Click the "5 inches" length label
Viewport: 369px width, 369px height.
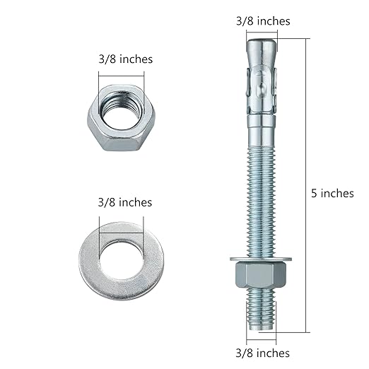click(x=332, y=193)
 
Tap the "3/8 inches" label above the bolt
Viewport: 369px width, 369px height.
click(x=262, y=21)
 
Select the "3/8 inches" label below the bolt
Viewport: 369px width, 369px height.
click(x=262, y=353)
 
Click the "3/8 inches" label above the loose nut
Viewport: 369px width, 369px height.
click(x=125, y=59)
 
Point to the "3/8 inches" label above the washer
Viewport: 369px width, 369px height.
click(x=125, y=202)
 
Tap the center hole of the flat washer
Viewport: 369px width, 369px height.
click(x=121, y=259)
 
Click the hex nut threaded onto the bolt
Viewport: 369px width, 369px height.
click(x=261, y=274)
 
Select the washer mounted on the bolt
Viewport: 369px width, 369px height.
click(x=261, y=257)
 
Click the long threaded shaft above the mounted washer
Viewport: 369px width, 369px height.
click(x=261, y=191)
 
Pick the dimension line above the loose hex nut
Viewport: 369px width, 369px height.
click(x=126, y=74)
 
